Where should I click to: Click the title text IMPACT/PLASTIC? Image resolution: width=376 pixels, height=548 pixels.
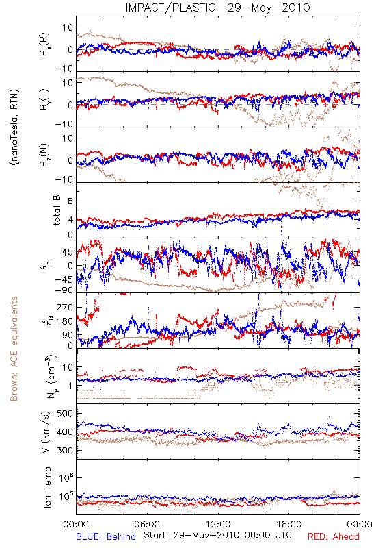(x=170, y=8)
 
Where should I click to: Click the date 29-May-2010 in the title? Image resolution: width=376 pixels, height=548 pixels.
(x=269, y=8)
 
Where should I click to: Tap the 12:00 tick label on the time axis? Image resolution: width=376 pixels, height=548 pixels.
(x=218, y=524)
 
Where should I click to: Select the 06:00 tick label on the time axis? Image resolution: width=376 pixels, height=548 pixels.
(x=147, y=524)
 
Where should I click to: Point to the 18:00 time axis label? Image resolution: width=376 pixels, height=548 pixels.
(x=289, y=524)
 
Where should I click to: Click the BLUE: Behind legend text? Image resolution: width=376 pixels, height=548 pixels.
(x=106, y=536)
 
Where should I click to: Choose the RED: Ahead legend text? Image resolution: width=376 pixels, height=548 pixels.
(x=333, y=536)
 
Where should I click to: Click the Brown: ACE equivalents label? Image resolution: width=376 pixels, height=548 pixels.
(x=14, y=349)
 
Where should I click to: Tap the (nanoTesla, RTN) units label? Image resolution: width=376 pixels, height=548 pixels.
(x=14, y=127)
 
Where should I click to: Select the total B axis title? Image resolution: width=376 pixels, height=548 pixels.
(x=57, y=210)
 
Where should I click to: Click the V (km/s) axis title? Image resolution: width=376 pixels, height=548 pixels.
(x=46, y=432)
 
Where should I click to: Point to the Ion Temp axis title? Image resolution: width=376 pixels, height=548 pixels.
(x=47, y=487)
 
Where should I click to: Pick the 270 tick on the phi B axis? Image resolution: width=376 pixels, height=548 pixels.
(x=64, y=307)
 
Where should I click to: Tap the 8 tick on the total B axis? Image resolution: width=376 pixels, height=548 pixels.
(x=70, y=201)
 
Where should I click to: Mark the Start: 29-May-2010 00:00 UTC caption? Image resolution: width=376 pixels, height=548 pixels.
(x=218, y=535)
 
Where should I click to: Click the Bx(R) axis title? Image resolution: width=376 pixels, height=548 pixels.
(x=44, y=45)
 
